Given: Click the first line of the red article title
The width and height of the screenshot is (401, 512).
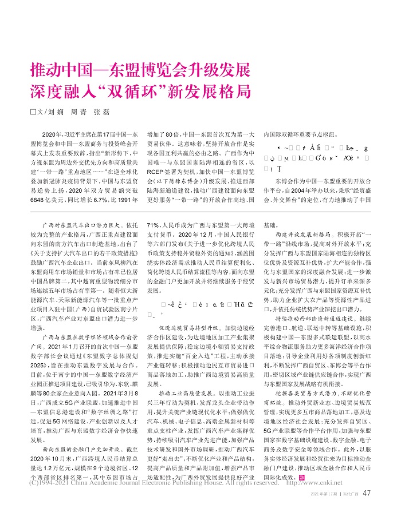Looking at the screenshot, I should [140, 73].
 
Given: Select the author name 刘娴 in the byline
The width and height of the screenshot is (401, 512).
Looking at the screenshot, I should [56, 112].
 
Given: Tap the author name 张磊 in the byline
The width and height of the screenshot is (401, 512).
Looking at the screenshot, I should [101, 112].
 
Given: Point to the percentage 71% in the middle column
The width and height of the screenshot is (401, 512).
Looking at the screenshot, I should [153, 225].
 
